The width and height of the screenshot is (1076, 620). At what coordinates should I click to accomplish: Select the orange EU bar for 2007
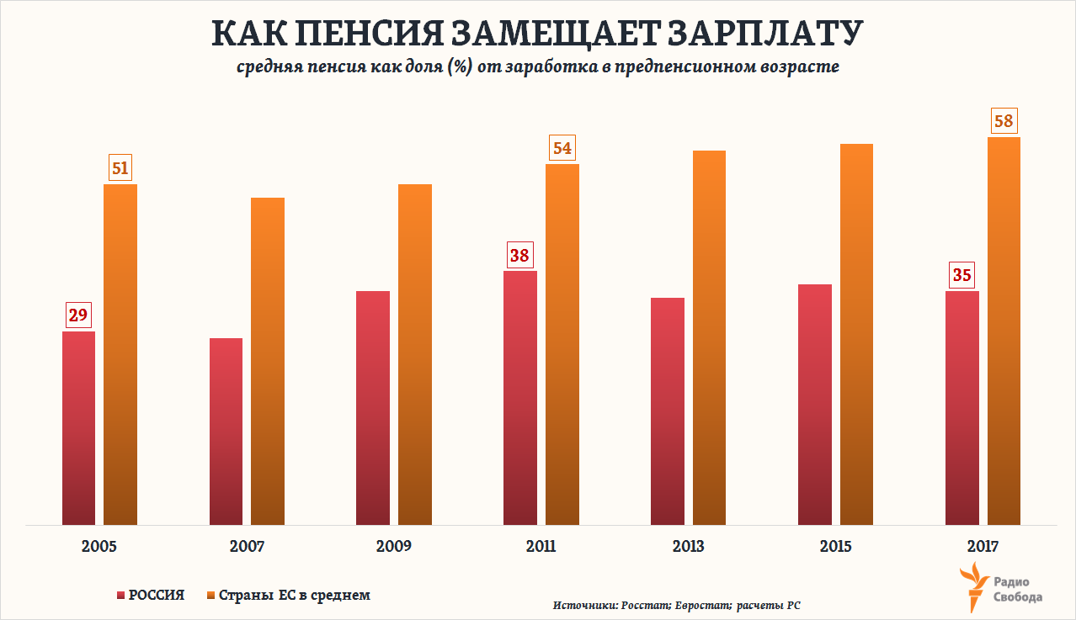pyautogui.click(x=268, y=362)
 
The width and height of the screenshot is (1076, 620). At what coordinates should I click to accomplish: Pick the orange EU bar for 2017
pyautogui.click(x=1004, y=331)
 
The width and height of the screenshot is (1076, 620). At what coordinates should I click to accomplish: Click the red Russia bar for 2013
pyautogui.click(x=668, y=411)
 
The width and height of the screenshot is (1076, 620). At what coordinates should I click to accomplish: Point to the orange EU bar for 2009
pyautogui.click(x=415, y=354)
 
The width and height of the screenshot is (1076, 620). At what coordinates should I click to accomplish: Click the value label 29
pyautogui.click(x=78, y=315)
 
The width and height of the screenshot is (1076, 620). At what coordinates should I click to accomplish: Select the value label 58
pyautogui.click(x=1004, y=121)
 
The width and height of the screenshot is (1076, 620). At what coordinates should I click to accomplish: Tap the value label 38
pyautogui.click(x=519, y=256)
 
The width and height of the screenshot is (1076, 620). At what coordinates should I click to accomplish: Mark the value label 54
pyautogui.click(x=562, y=149)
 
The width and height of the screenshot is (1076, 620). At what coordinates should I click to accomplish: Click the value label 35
pyautogui.click(x=961, y=275)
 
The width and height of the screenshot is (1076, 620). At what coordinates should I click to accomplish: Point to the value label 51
pyautogui.click(x=120, y=168)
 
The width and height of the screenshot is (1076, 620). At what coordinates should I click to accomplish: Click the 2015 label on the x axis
pyautogui.click(x=835, y=546)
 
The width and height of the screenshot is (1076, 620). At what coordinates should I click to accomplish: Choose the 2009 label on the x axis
pyautogui.click(x=394, y=546)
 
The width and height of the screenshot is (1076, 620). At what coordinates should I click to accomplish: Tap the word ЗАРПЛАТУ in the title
pyautogui.click(x=767, y=34)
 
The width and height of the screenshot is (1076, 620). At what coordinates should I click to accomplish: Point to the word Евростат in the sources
pyautogui.click(x=701, y=606)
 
